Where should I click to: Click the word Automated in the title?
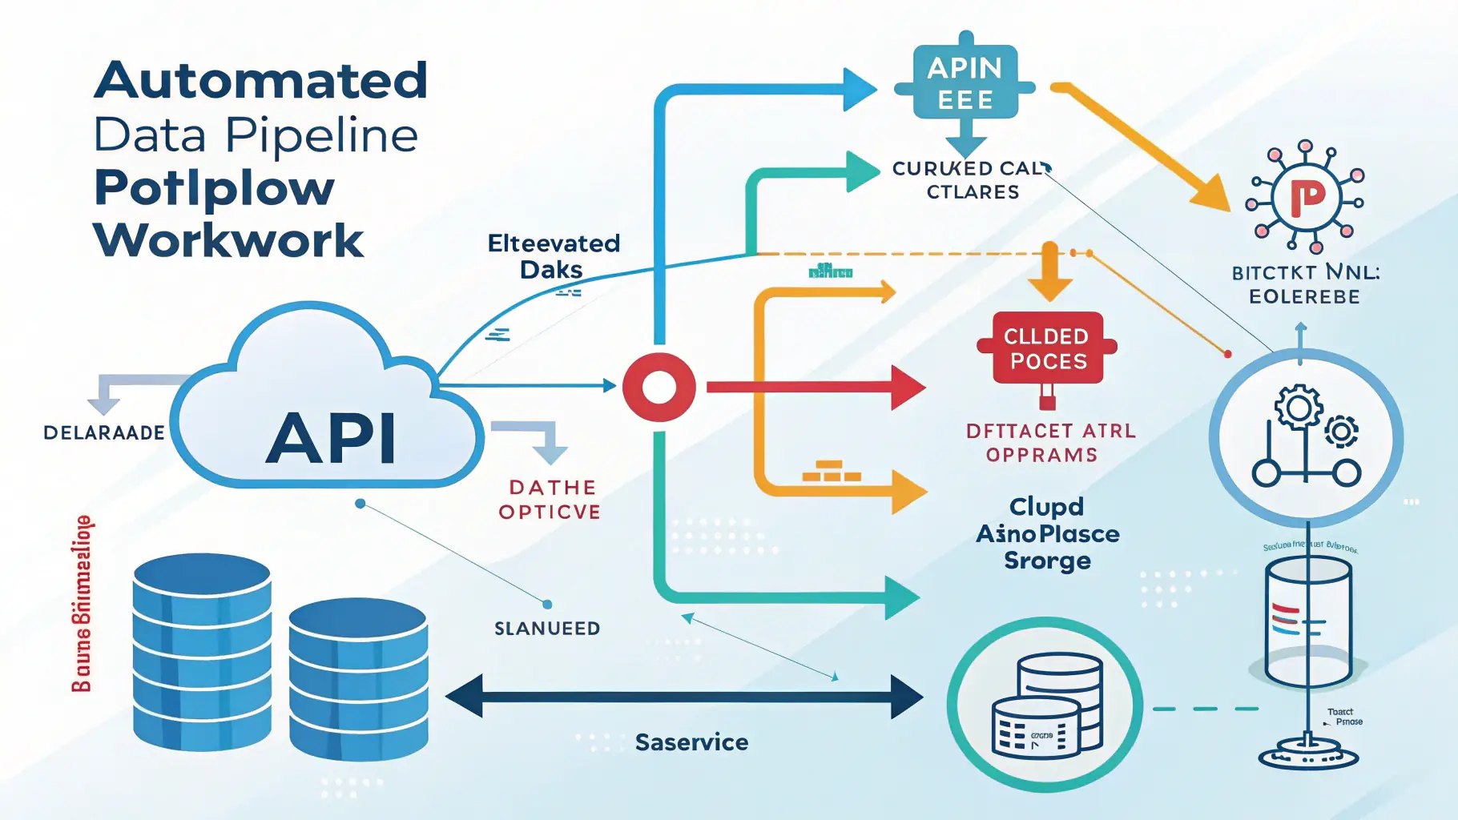click(261, 81)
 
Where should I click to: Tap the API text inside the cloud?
click(331, 438)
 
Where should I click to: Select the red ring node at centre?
click(659, 387)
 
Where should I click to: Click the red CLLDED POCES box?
click(1046, 348)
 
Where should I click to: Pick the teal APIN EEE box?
click(965, 84)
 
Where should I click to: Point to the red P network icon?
click(1306, 196)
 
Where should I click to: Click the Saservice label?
click(691, 742)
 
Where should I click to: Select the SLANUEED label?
click(547, 629)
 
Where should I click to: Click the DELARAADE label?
click(104, 433)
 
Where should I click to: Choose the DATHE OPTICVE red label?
click(550, 500)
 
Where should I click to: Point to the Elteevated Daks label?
click(554, 256)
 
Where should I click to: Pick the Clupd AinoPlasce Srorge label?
click(1048, 533)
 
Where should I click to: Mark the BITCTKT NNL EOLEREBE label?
click(1305, 285)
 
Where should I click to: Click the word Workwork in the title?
click(229, 239)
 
